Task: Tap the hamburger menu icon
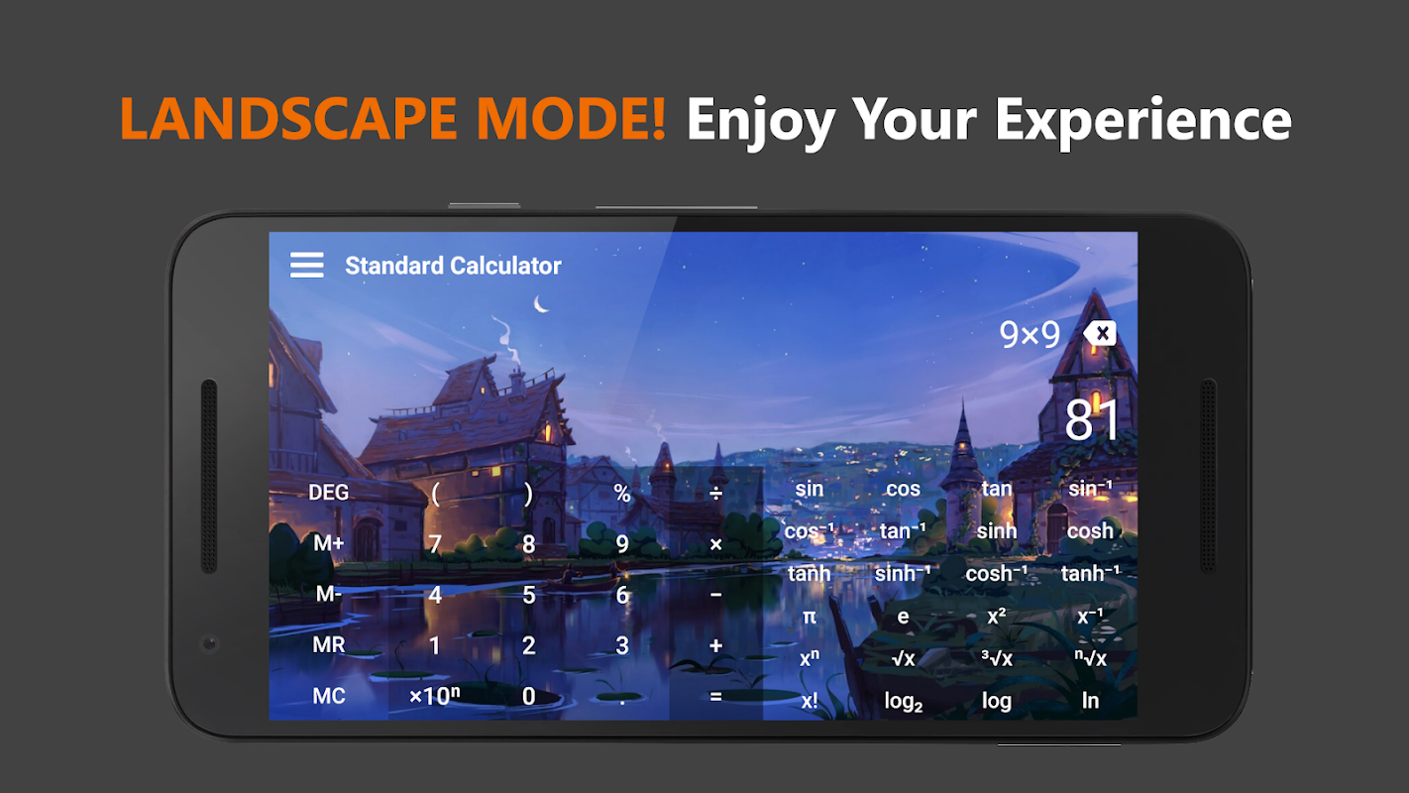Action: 307,265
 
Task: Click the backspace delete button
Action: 1100,334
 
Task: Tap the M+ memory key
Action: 328,543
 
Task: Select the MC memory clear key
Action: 328,696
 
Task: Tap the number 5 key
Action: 528,595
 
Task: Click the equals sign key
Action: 715,696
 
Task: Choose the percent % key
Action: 622,493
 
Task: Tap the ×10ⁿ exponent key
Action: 435,696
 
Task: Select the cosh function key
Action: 1090,530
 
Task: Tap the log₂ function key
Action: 904,701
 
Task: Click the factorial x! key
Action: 810,701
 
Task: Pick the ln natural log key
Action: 1090,701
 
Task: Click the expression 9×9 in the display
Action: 1030,334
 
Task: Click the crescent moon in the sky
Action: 540,304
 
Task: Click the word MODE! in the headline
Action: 571,118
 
